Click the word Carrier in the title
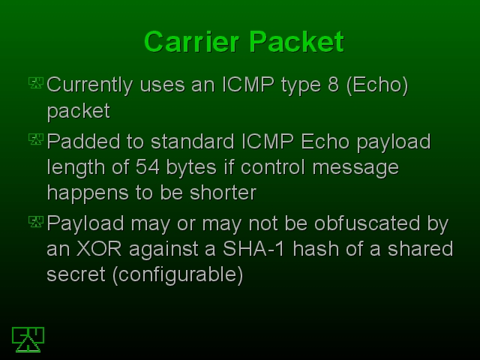pos(191,42)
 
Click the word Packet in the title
pos(297,42)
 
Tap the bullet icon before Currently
pos(36,83)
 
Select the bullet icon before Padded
pos(36,139)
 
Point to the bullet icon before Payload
pos(36,222)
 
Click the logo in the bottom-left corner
pos(28,340)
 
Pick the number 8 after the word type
pos(333,84)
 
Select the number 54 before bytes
pos(148,167)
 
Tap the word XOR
pos(99,248)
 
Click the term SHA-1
pos(253,248)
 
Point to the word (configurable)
pos(178,274)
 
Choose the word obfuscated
pos(367,223)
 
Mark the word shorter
pos(223,193)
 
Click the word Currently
pos(90,85)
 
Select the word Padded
pos(83,141)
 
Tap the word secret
pos(76,274)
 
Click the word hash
pos(316,248)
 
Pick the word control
pos(273,167)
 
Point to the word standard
pos(193,141)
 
